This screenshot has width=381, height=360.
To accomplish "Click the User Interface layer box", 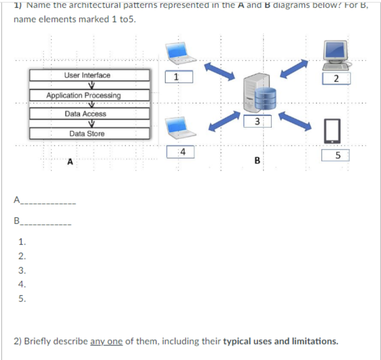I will tap(89, 75).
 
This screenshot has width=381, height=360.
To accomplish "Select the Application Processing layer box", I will tap(89, 95).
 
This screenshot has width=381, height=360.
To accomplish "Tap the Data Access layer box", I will tap(89, 114).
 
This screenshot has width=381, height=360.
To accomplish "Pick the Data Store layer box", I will tap(89, 134).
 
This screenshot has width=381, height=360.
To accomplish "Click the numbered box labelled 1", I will tap(179, 77).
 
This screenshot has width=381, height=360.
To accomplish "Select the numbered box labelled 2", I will tap(336, 79).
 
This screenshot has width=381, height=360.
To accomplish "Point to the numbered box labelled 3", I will tap(257, 121).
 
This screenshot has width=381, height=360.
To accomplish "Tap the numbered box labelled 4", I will tap(180, 152).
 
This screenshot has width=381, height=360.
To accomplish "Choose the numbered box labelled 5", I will tap(335, 155).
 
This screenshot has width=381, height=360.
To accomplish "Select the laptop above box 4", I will tap(180, 128).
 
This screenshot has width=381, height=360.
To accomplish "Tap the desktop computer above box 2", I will tap(336, 55).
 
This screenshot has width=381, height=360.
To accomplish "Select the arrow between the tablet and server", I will tap(295, 121).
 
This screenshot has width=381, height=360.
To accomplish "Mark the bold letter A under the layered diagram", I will tap(70, 161).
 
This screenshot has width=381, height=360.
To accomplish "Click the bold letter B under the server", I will tap(257, 160).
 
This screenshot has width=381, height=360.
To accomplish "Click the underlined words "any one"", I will tap(106, 341).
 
